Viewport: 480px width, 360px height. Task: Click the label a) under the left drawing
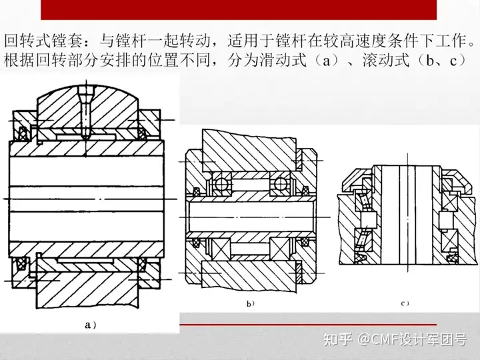pyautogui.click(x=91, y=325)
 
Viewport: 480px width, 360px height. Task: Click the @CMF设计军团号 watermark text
pyautogui.click(x=412, y=341)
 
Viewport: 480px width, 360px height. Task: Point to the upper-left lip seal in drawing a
pyautogui.click(x=23, y=132)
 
